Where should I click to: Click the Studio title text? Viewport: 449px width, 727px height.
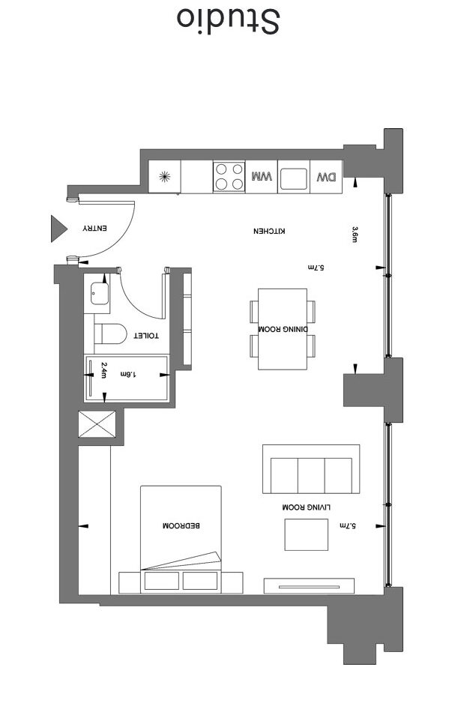(228, 21)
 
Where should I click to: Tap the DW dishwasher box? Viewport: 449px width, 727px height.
(326, 178)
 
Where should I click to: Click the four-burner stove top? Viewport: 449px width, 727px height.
(229, 178)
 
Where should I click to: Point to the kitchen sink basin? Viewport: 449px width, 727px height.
(293, 178)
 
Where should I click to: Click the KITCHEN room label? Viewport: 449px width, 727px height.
(269, 232)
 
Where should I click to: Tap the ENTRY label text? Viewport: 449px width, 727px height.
(96, 228)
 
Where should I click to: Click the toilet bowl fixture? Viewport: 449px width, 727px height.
(109, 333)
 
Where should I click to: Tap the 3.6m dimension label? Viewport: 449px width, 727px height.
(355, 235)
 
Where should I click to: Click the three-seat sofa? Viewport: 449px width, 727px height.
(310, 472)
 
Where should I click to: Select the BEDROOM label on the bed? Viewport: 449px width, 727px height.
(181, 526)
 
